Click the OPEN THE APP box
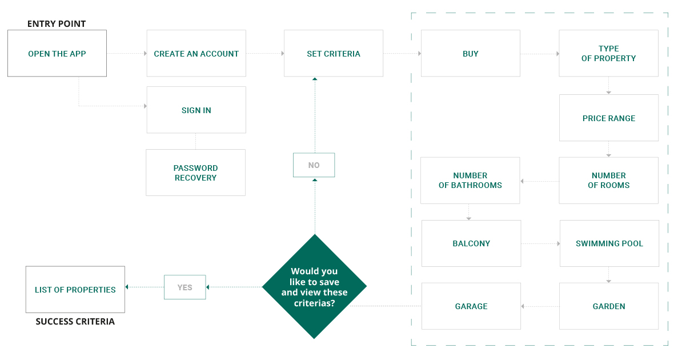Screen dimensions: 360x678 pos(57,54)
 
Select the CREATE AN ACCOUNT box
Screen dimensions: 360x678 pos(196,54)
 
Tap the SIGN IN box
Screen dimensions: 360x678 pos(196,110)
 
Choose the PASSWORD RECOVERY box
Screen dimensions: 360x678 pos(196,173)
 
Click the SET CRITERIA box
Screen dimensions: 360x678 pos(334,54)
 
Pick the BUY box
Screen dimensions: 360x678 pos(471,54)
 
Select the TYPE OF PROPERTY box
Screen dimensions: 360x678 pos(609,54)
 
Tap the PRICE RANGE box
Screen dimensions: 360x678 pos(609,118)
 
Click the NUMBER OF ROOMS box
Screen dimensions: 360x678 pos(609,181)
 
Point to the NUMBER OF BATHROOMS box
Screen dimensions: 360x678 pos(470,181)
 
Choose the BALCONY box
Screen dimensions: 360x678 pos(471,243)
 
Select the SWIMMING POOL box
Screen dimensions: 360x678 pos(609,243)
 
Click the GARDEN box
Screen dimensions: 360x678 pos(609,306)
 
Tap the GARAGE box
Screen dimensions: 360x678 pos(471,306)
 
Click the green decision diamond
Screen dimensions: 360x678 pos(314,286)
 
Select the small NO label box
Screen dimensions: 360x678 pos(314,165)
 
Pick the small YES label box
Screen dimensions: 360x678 pos(184,287)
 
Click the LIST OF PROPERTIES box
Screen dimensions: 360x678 pos(75,290)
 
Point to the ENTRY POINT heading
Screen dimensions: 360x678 pos(57,24)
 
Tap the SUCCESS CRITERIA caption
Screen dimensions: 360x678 pos(75,322)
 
